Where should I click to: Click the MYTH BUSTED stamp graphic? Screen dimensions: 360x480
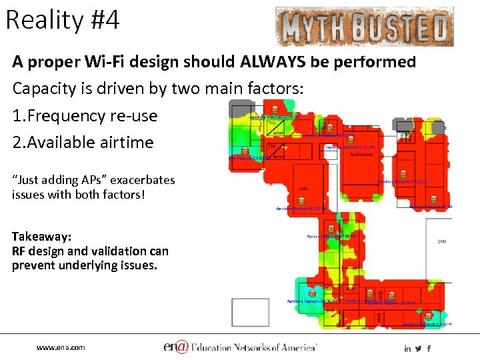[x=364, y=27]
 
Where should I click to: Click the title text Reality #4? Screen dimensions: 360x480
[x=63, y=21]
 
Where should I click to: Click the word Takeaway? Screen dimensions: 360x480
[x=41, y=237]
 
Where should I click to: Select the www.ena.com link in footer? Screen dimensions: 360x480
[x=61, y=347]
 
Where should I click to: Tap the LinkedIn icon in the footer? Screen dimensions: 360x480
[x=407, y=348]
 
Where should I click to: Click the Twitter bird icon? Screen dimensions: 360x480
[x=418, y=348]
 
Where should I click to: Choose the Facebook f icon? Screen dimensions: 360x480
[x=429, y=348]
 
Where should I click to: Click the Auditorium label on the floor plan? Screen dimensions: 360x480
[x=362, y=154]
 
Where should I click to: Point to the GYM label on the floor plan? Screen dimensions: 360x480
[x=441, y=241]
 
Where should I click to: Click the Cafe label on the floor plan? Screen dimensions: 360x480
[x=303, y=189]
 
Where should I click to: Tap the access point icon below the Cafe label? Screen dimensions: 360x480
[x=302, y=200]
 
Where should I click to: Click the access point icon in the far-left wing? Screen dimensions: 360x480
[x=245, y=151]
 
